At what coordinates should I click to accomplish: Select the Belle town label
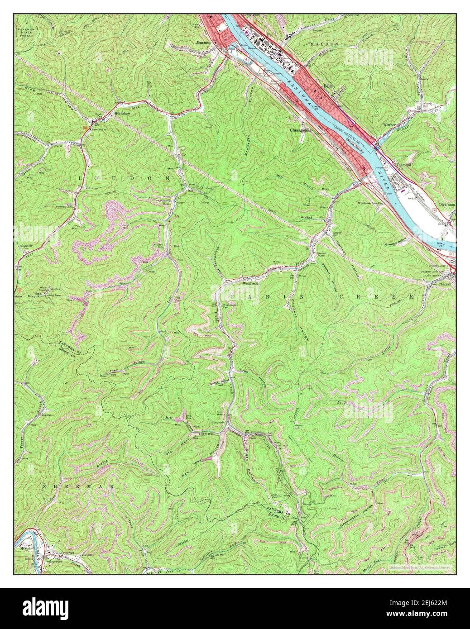point(328,85)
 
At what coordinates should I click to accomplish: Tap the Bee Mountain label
point(35,294)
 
